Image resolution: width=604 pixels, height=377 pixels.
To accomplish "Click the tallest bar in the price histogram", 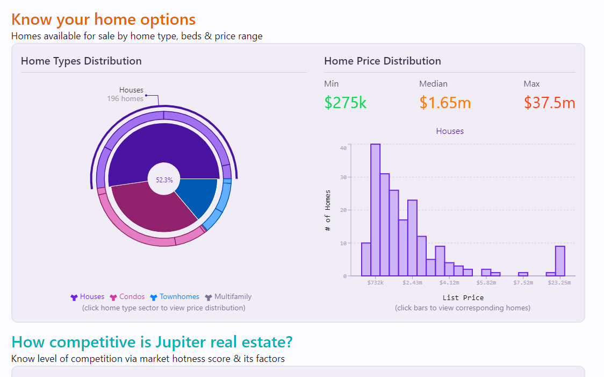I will click(375, 210).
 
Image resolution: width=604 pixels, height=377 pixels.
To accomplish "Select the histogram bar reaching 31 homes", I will click(385, 225).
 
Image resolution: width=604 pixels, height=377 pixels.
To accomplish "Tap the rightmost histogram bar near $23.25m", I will click(560, 261).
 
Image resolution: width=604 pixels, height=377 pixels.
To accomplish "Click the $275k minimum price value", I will click(346, 102).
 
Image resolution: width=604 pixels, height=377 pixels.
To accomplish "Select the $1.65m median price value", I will click(445, 102).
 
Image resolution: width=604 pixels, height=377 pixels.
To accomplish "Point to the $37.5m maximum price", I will click(549, 102).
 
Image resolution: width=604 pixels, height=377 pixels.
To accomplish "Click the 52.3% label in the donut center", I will click(164, 180).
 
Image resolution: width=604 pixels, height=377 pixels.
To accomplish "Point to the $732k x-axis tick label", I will click(375, 282).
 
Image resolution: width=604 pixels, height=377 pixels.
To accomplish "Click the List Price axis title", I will click(463, 297).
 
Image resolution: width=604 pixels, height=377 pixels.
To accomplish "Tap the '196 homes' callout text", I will click(125, 99).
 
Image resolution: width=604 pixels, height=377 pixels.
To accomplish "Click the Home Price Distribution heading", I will click(382, 61).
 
